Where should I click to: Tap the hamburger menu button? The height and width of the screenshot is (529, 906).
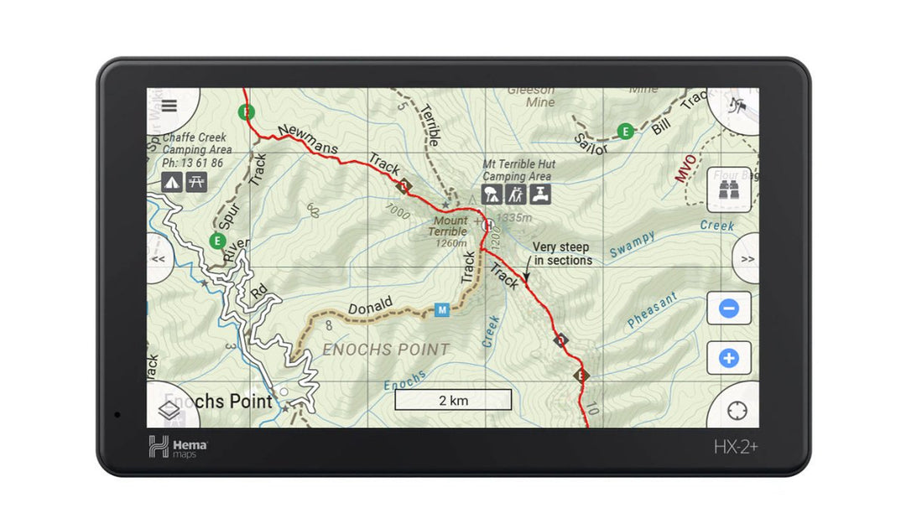(x=169, y=106)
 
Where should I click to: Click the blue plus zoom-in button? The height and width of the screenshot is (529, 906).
(x=728, y=359)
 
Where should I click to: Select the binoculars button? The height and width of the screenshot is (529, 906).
(x=728, y=191)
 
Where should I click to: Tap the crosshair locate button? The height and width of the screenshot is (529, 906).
(x=737, y=411)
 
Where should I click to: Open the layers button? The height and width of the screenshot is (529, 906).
(x=169, y=411)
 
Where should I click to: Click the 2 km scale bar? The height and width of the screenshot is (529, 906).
(x=453, y=400)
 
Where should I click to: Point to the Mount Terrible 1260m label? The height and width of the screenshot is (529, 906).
(x=450, y=232)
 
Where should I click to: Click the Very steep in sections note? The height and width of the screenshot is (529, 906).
(x=562, y=254)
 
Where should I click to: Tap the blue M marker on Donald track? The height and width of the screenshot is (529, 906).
(x=442, y=310)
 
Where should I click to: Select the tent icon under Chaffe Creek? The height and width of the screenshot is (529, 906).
(x=172, y=181)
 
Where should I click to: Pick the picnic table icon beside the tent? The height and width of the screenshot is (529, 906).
(x=196, y=181)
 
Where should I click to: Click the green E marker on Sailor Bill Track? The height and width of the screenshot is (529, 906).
(x=625, y=131)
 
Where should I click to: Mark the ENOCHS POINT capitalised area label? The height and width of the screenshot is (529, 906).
(x=387, y=350)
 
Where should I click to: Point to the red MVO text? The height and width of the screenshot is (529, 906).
(x=685, y=168)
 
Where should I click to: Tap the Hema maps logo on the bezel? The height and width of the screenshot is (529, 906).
(x=178, y=447)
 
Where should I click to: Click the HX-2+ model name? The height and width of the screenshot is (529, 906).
(x=736, y=447)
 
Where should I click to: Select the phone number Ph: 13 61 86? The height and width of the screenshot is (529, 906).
(x=193, y=163)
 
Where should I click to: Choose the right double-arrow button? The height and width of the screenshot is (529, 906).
(x=746, y=259)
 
